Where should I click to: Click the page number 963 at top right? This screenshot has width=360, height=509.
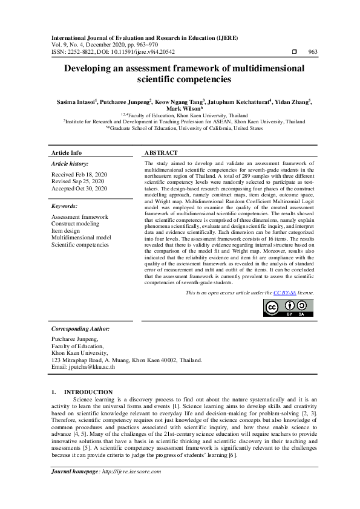[x=312, y=52]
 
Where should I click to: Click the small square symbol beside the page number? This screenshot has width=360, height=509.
[x=294, y=52]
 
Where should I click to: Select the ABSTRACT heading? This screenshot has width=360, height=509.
[x=161, y=153]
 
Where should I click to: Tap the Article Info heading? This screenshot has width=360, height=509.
[x=67, y=153]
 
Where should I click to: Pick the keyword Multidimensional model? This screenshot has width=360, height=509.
[x=81, y=238]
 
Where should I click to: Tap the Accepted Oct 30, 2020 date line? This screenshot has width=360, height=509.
[x=79, y=189]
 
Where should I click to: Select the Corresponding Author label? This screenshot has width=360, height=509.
[x=80, y=329]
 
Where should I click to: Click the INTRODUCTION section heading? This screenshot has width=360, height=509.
[x=88, y=392]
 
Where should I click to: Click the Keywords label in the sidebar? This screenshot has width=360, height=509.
[x=65, y=206]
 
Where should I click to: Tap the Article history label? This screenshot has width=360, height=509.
[x=70, y=164]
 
